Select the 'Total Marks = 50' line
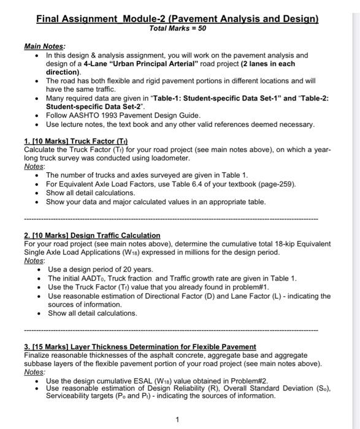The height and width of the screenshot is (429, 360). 177,28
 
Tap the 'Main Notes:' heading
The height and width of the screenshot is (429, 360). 45,46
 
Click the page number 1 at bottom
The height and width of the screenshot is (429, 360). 177,420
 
